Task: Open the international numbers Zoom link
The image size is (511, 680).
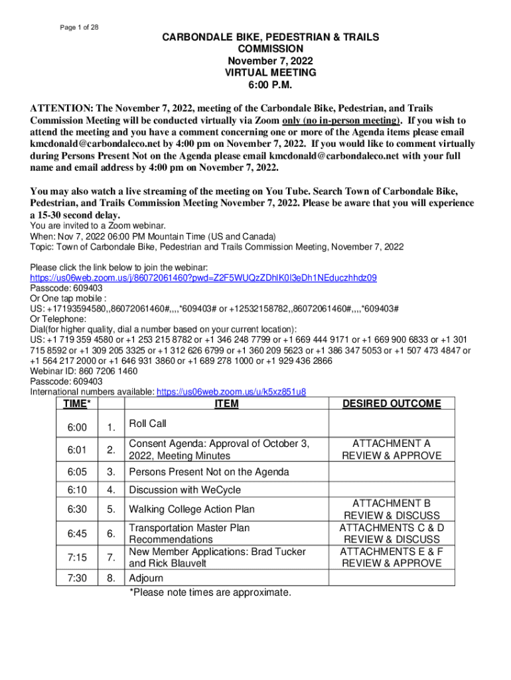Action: point(231,392)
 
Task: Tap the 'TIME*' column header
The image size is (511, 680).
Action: point(76,404)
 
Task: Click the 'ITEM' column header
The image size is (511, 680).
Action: point(227,404)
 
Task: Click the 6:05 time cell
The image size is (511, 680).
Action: point(76,472)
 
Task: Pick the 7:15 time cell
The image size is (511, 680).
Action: point(76,557)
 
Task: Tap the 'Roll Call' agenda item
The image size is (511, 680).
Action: point(147,424)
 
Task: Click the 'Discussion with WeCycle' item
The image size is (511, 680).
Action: point(184,490)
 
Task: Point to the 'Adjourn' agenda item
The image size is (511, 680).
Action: point(145,578)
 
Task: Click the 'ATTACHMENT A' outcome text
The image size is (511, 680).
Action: point(391,444)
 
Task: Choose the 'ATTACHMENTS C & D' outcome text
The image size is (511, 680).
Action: point(391,528)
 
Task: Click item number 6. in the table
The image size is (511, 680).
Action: point(111,534)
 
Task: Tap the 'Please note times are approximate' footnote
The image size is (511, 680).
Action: point(210,592)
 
